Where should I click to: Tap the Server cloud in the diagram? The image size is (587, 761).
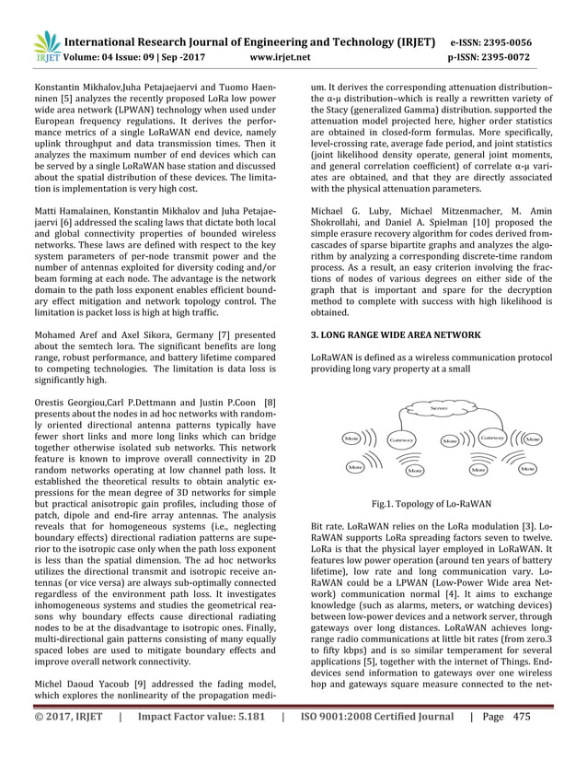click(432, 407)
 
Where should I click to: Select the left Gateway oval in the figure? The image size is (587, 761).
click(401, 441)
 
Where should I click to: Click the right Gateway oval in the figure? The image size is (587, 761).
click(492, 439)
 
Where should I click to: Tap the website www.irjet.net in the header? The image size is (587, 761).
click(281, 54)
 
